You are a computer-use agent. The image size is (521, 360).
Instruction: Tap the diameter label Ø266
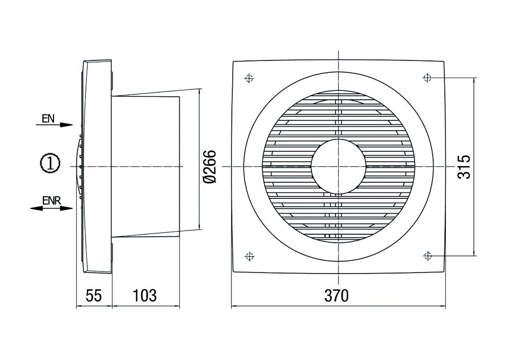pos(210,167)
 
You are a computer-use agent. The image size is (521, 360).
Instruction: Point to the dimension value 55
pos(93,296)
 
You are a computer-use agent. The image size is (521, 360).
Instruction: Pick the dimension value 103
pos(144,296)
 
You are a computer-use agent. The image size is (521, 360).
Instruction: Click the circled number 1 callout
pos(50,164)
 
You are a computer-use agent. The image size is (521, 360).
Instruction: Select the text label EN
pos(48,118)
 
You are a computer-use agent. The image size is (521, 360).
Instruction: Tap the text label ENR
pos(51,200)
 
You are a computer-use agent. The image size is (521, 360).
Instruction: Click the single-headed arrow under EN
pos(54,125)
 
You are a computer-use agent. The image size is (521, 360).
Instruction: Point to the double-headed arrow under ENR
pos(51,208)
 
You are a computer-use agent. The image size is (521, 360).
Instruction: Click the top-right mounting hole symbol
pos(427,78)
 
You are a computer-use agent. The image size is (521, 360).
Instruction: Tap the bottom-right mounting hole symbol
pos(427,255)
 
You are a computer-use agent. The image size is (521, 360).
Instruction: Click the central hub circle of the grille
pos(338,166)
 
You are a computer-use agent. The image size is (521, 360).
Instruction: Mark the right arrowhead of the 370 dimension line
pos(442,307)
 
